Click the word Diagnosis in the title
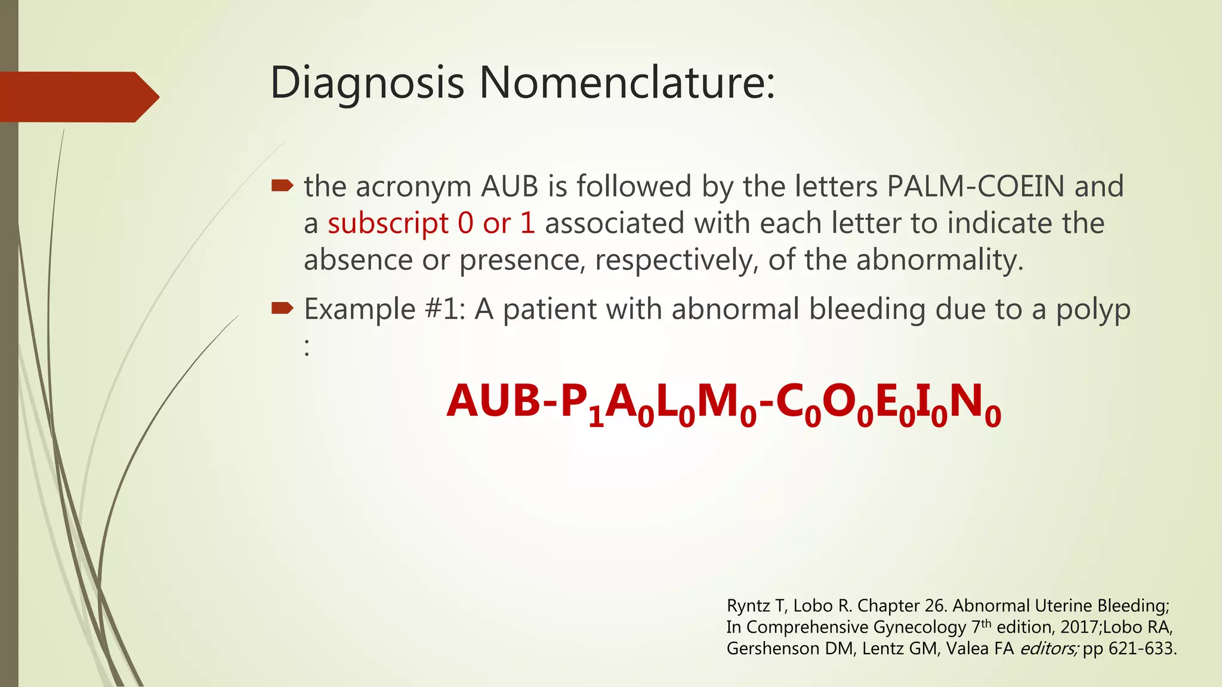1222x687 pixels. pyautogui.click(x=367, y=82)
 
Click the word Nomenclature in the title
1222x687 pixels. pyautogui.click(x=627, y=82)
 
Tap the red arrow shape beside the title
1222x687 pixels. pyautogui.click(x=78, y=97)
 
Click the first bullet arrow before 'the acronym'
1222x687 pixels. pyautogui.click(x=282, y=185)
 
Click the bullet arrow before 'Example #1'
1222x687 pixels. pyautogui.click(x=282, y=308)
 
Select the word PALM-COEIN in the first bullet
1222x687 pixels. pyautogui.click(x=976, y=186)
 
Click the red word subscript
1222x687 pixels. pyautogui.click(x=388, y=224)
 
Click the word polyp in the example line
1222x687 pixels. pyautogui.click(x=1093, y=310)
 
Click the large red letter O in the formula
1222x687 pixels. pyautogui.click(x=839, y=401)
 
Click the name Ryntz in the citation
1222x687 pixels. pyautogui.click(x=748, y=606)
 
